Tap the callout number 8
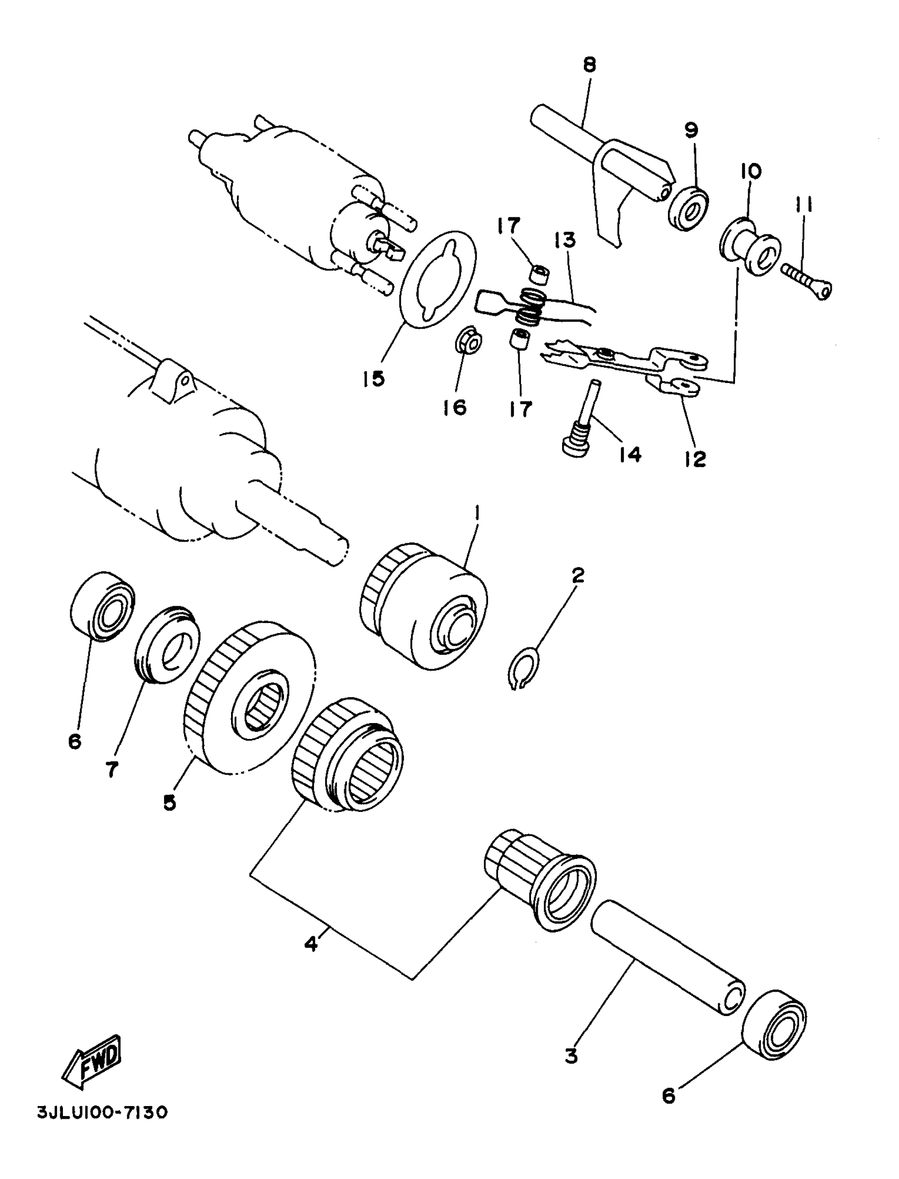(589, 65)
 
